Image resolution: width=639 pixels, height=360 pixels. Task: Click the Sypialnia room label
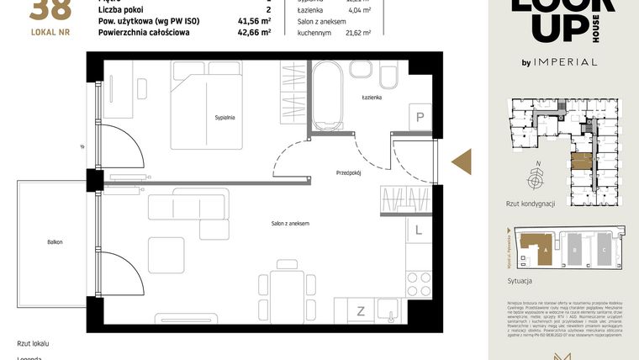224,118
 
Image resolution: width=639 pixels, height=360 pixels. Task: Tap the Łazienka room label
372,98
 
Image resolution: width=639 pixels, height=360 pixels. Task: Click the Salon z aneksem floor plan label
289,223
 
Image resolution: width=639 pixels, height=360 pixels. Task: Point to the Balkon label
55,242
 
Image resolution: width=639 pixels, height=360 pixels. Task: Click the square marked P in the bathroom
419,118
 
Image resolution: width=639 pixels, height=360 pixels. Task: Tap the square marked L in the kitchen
418,228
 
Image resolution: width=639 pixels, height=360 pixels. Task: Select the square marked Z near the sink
361,310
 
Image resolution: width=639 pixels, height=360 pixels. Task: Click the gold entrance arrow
462,161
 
